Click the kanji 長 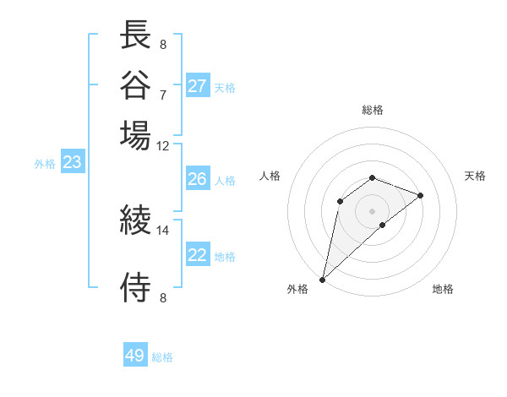coord(135,35)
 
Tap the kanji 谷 coord(135,84)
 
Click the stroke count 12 coord(163,145)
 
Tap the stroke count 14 coord(163,230)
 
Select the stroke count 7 coord(163,94)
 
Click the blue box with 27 coord(198,85)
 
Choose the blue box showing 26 coord(198,179)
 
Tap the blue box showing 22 coord(198,255)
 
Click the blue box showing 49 coord(135,356)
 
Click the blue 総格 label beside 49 coord(163,357)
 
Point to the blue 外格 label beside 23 coord(45,165)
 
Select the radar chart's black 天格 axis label coord(475,176)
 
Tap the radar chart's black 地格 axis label coord(443,290)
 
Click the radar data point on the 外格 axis coord(323,279)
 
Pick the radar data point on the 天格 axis coord(421,195)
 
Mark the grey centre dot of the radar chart coord(373,210)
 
